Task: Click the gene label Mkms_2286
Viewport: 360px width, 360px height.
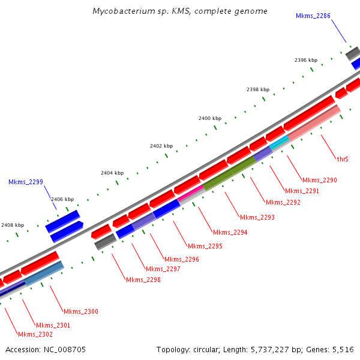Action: point(313,16)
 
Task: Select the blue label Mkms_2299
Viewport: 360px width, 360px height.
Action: point(26,182)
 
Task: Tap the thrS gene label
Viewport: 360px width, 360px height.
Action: point(343,159)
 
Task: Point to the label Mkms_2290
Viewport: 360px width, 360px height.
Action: point(320,180)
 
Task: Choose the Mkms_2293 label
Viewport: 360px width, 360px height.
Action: point(257,217)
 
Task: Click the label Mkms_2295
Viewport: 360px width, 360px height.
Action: point(205,246)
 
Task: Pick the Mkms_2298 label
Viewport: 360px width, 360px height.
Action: point(143,280)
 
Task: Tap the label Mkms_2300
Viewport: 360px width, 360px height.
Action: point(81,311)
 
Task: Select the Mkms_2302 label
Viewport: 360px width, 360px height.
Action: point(35,334)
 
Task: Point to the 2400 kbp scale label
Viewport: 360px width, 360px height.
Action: point(210,119)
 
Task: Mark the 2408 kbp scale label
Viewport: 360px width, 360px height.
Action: point(13,225)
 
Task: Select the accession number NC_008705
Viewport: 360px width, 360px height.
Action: point(65,349)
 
